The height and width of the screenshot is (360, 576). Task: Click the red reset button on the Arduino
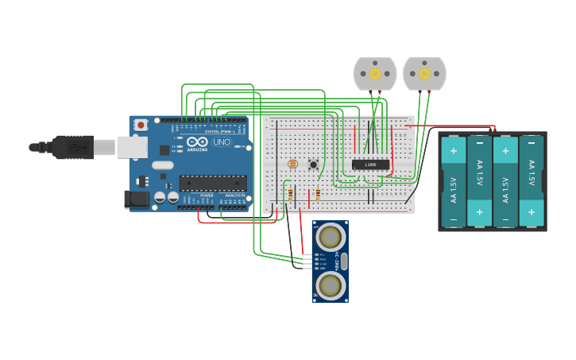[x=141, y=125]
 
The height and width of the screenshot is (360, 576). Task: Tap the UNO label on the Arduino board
[x=221, y=142]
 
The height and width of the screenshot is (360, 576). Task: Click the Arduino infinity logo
[x=197, y=141]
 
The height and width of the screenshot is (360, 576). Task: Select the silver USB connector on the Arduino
[x=132, y=147]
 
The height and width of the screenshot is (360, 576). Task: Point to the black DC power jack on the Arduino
[x=137, y=199]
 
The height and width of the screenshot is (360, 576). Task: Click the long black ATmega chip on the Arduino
[x=212, y=183]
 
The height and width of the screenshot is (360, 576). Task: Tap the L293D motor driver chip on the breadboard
[x=370, y=165]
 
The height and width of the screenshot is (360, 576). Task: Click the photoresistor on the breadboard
[x=292, y=164]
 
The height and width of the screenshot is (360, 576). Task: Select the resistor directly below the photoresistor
[x=290, y=194]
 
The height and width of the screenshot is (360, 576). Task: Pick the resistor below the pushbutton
[x=318, y=194]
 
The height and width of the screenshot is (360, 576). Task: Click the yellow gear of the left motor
[x=375, y=73]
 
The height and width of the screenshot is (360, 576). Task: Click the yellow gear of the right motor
[x=424, y=73]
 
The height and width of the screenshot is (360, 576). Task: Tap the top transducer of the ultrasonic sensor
[x=330, y=236]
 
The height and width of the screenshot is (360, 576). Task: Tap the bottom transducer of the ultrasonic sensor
[x=330, y=284]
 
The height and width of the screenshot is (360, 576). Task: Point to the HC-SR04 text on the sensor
[x=338, y=260]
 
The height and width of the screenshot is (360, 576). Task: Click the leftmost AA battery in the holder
[x=454, y=182]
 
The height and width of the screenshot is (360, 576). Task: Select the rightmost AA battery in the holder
[x=532, y=182]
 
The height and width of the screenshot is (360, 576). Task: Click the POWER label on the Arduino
[x=207, y=195]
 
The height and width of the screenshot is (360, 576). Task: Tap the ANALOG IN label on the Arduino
[x=234, y=195]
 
